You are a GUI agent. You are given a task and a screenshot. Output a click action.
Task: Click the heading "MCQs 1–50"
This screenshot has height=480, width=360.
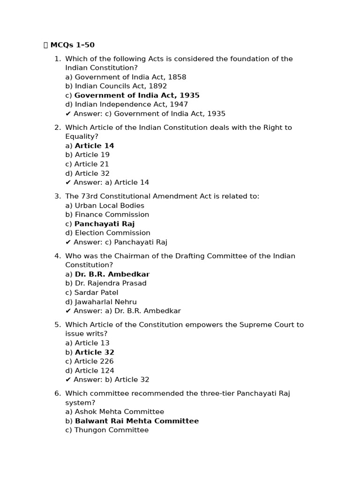pyautogui.click(x=72, y=45)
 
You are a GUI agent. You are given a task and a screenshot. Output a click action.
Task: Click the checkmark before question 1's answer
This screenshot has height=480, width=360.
pyautogui.click(x=68, y=114)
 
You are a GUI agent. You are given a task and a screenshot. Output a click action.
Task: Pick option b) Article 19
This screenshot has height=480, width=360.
pyautogui.click(x=88, y=155)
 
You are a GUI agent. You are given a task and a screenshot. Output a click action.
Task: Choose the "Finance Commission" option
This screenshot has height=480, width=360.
pyautogui.click(x=107, y=215)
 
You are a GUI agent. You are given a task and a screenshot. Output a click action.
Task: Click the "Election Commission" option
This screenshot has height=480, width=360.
pyautogui.click(x=108, y=233)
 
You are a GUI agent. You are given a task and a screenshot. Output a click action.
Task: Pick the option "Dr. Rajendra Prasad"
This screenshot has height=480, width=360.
pyautogui.click(x=106, y=283)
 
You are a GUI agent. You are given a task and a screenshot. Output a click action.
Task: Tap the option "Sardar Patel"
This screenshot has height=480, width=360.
pyautogui.click(x=92, y=292)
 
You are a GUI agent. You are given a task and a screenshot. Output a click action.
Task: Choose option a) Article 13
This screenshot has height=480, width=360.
pyautogui.click(x=88, y=343)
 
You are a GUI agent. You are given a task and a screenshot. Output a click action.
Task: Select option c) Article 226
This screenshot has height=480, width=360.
pyautogui.click(x=90, y=361)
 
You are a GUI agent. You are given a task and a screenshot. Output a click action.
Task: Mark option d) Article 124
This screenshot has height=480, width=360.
pyautogui.click(x=90, y=371)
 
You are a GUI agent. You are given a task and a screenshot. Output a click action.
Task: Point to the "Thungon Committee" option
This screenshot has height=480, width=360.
pyautogui.click(x=107, y=430)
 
